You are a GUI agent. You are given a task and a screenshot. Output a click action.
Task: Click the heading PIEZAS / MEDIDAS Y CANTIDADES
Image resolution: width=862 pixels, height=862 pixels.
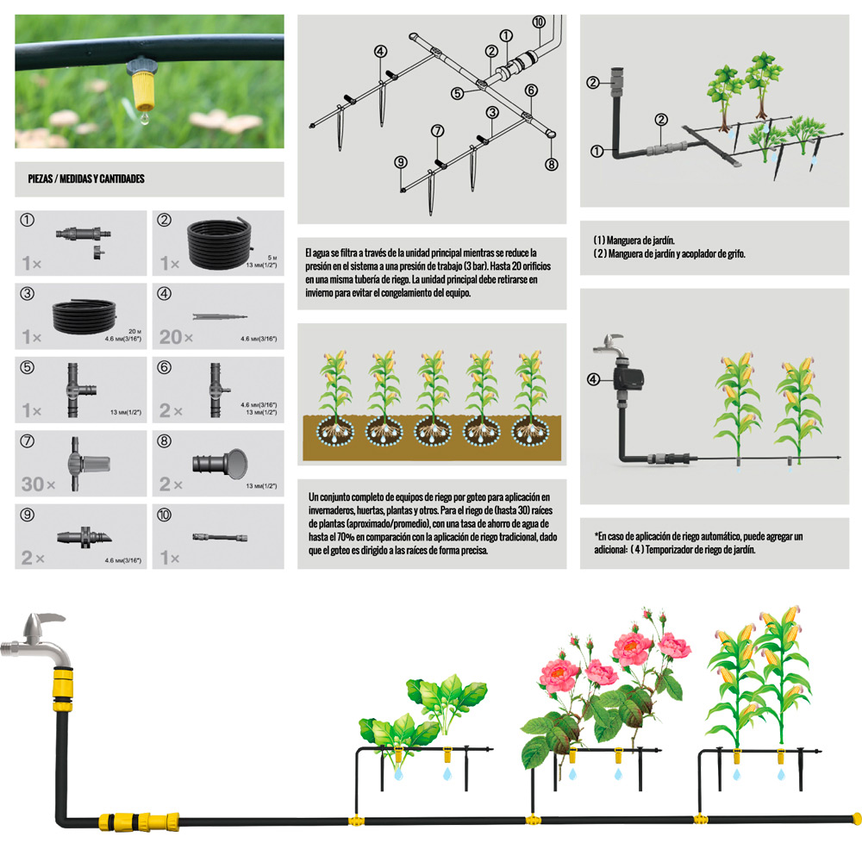86,178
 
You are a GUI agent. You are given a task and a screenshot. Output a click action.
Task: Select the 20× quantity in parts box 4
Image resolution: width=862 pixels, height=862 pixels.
176,336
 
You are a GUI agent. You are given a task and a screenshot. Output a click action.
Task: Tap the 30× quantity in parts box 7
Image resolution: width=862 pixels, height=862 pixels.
38,484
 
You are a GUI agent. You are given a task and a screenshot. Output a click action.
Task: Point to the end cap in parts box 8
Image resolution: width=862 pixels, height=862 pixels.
220,464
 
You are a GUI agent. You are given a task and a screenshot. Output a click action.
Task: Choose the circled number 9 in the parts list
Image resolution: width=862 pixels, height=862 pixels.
27,515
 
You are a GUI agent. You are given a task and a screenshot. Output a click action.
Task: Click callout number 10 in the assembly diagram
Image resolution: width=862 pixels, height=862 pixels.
539,22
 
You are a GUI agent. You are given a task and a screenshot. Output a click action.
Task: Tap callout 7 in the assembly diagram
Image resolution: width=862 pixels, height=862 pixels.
438,131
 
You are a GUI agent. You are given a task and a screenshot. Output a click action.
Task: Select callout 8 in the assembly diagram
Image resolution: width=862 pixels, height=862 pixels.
552,164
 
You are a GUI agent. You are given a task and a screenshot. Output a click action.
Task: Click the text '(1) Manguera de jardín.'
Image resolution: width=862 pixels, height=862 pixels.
634,240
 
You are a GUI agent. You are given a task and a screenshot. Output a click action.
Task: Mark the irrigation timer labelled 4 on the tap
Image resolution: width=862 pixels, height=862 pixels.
629,378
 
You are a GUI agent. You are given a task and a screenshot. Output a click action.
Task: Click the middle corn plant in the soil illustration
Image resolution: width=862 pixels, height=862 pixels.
434,397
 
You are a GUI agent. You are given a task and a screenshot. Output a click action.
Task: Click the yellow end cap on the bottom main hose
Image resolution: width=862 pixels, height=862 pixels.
855,819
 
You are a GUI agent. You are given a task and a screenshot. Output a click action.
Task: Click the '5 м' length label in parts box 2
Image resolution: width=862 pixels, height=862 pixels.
272,257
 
